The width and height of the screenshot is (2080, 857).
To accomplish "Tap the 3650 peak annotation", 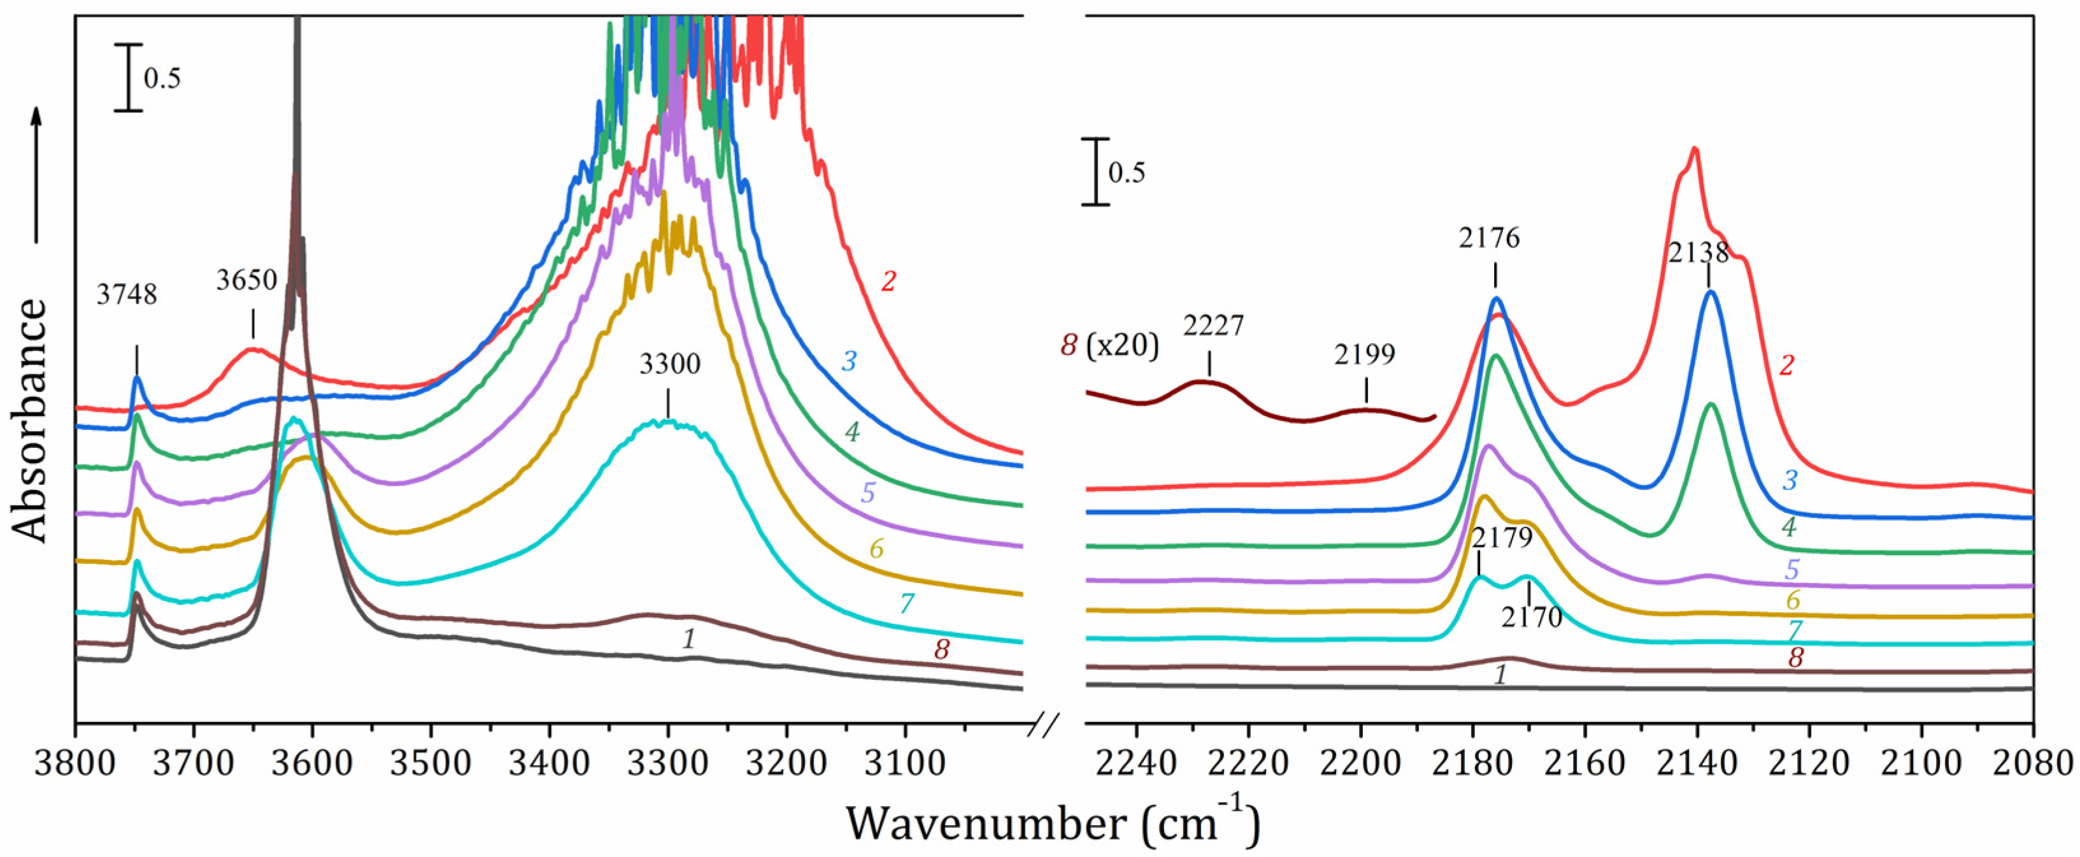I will tap(246, 280).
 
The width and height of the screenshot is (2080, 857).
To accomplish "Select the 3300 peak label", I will tap(669, 364).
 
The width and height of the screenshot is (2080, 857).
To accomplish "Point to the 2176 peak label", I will tap(1489, 238).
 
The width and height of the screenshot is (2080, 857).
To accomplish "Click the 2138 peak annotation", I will tap(1699, 253).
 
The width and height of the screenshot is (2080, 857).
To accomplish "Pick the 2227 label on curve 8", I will tap(1214, 326).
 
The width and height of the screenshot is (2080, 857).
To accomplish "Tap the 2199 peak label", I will tap(1364, 355).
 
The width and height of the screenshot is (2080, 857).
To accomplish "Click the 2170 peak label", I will tap(1532, 618).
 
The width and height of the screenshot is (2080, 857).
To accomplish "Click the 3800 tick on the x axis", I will tap(76, 763).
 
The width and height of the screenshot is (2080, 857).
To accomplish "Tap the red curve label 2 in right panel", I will tap(1787, 366).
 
